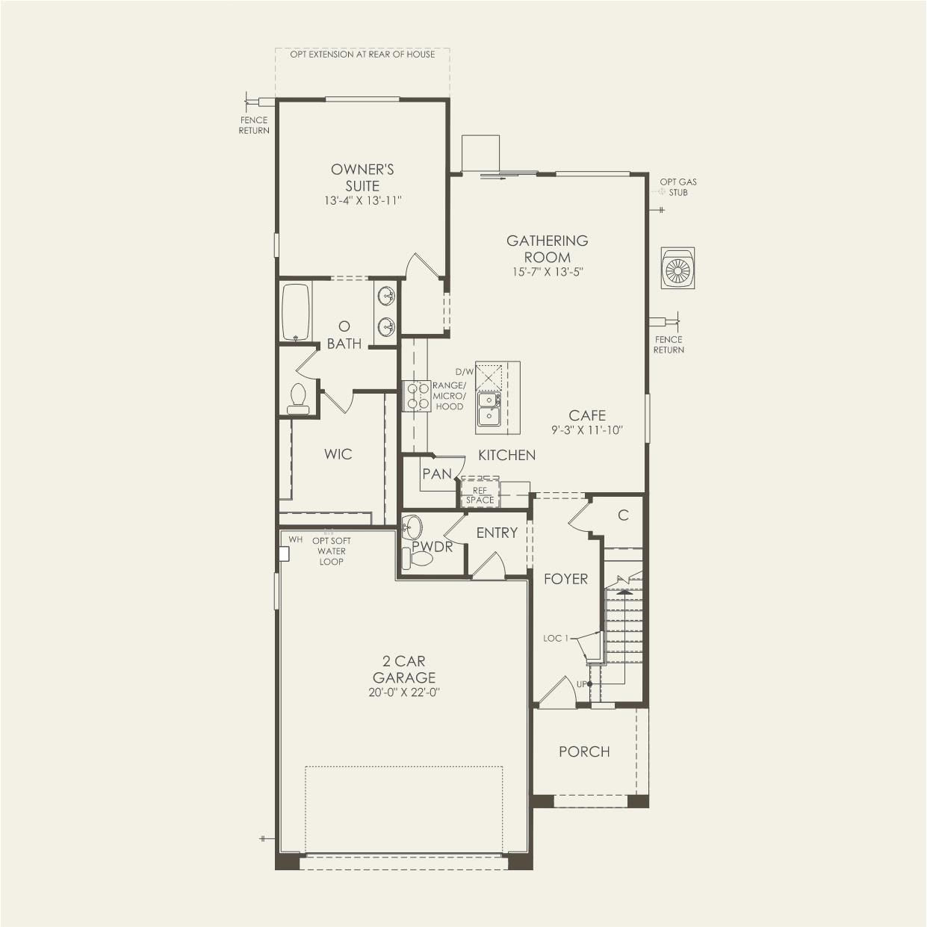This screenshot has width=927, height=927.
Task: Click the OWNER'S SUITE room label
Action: click(x=362, y=178)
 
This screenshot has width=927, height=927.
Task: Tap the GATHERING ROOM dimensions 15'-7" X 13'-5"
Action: click(x=548, y=271)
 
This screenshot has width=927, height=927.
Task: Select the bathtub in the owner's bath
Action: click(x=296, y=312)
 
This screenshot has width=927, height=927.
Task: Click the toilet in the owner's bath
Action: click(x=298, y=399)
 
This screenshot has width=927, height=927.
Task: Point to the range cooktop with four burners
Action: click(x=417, y=395)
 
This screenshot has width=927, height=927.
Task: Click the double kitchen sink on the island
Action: click(x=489, y=409)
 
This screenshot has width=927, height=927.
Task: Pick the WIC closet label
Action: click(x=338, y=453)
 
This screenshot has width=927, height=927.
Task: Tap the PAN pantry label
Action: click(x=437, y=474)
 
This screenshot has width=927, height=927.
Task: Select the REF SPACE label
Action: click(x=480, y=495)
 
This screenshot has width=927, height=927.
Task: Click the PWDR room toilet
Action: click(x=418, y=559)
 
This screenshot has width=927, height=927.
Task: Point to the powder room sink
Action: click(x=412, y=527)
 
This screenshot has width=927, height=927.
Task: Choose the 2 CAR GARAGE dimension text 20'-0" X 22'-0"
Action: click(x=404, y=692)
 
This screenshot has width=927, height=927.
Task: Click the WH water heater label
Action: click(x=295, y=539)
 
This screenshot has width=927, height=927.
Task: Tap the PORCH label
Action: click(x=584, y=751)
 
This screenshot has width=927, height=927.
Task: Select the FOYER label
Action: click(x=565, y=579)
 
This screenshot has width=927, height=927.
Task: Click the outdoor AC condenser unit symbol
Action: click(x=678, y=268)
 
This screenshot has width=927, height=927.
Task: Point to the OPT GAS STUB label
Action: click(x=678, y=187)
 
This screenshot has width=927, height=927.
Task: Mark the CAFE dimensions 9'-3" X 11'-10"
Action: click(x=587, y=430)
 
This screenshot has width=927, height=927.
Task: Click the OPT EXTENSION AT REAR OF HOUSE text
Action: click(x=362, y=55)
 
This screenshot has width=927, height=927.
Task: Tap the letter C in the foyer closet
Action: click(x=623, y=515)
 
